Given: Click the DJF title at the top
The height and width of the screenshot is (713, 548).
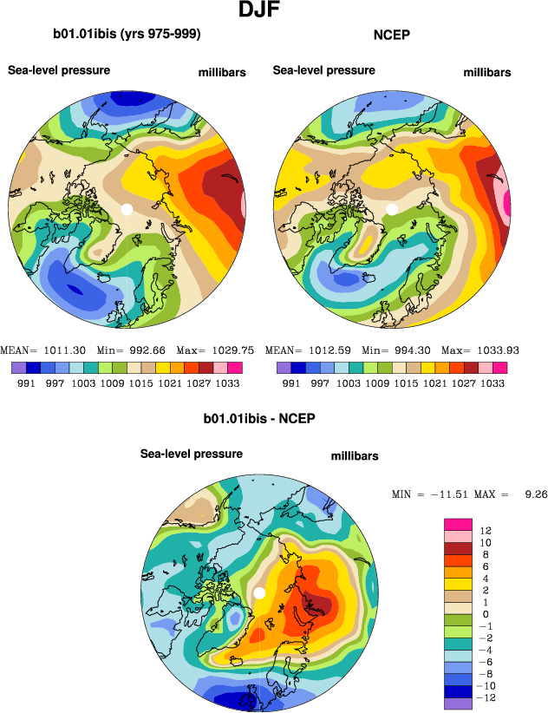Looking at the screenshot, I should [x=259, y=11].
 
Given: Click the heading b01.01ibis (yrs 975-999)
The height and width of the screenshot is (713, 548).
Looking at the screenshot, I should [x=127, y=35].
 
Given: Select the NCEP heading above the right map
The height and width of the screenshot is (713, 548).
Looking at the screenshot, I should [x=390, y=35].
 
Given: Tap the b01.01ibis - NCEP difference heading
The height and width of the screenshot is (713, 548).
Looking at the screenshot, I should [x=258, y=418].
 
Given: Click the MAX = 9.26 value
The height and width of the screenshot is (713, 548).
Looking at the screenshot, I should [x=519, y=494].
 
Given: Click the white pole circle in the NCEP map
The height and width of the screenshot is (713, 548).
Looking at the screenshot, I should [x=392, y=209].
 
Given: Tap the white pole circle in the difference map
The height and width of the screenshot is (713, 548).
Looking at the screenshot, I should [x=258, y=592].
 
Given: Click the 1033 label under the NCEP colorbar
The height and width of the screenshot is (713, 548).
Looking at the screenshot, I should [x=493, y=383].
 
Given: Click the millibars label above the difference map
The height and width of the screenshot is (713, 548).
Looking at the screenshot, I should [x=355, y=456].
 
